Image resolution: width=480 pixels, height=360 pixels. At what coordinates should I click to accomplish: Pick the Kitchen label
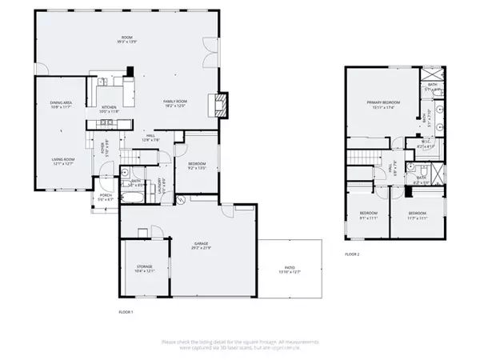pos(109,110)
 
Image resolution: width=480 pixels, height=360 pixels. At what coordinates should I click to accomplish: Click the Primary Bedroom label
pos(382,105)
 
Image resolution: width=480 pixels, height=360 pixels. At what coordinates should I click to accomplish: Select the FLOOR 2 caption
pos(353,254)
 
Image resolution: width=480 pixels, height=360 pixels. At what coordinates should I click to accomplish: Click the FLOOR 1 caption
pos(125,310)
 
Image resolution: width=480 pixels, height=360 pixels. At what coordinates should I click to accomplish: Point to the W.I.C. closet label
pos(425,146)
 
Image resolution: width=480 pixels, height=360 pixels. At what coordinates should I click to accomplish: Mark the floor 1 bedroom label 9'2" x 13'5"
pos(196,167)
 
